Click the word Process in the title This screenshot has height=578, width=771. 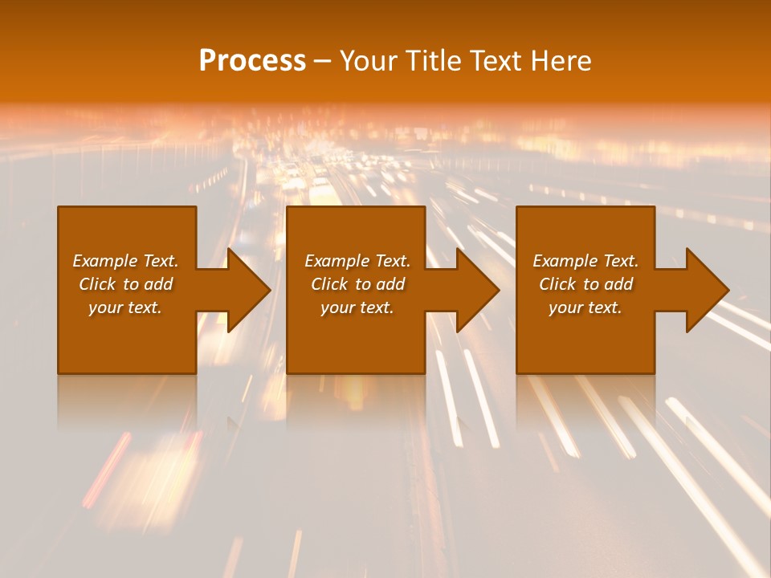(252, 61)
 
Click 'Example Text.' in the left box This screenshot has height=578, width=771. (126, 261)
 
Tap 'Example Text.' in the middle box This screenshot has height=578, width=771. (357, 261)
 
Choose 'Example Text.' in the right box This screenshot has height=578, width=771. (585, 261)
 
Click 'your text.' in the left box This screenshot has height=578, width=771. (126, 307)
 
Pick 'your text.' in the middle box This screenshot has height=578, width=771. (357, 307)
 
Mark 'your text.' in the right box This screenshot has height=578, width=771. (585, 307)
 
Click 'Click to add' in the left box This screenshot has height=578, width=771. (126, 284)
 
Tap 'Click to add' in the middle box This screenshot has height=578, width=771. (357, 284)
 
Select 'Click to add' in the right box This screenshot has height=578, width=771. (585, 284)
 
